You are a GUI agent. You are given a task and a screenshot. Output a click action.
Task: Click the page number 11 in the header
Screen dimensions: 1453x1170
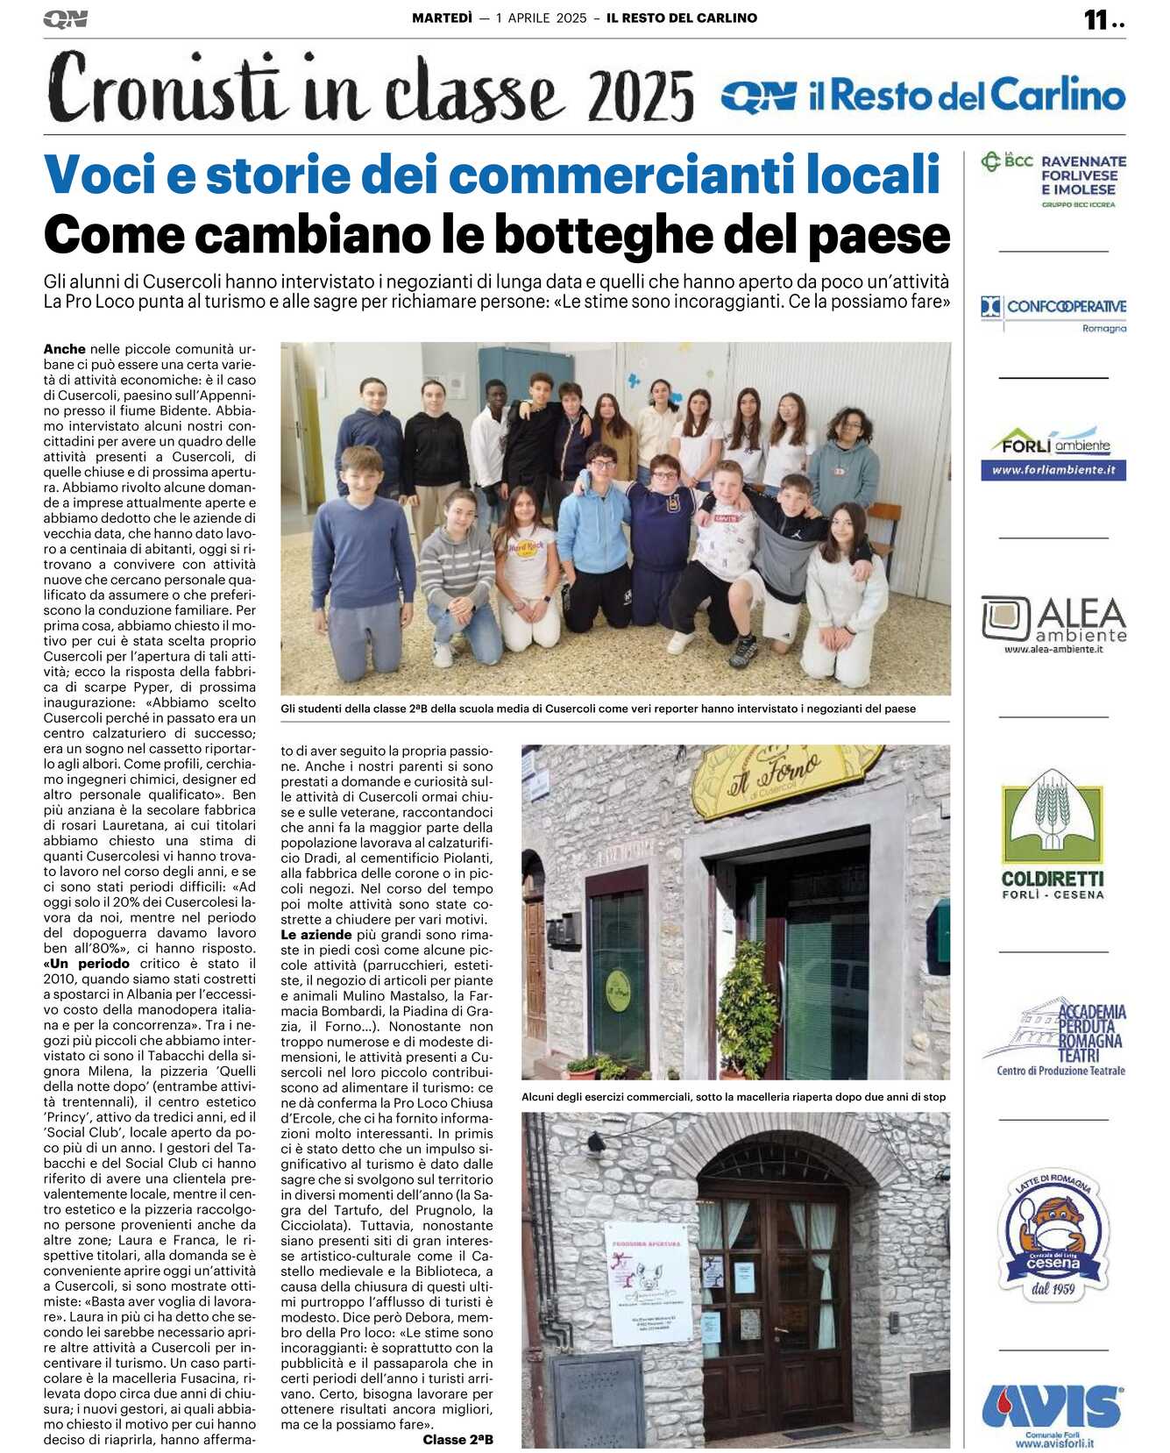1096,19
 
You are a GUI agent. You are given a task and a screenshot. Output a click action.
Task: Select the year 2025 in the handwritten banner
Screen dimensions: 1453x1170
641,96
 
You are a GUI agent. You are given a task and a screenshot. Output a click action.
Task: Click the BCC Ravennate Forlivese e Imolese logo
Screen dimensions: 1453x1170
1053,179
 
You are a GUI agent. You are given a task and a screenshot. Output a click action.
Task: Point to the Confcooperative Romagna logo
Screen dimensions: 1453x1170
1053,313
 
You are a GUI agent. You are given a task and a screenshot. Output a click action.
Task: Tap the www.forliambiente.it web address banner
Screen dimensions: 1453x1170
1053,470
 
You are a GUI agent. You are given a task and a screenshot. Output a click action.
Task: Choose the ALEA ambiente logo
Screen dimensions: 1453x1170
1053,623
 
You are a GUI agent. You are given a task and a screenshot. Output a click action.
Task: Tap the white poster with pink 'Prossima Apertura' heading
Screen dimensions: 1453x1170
648,1281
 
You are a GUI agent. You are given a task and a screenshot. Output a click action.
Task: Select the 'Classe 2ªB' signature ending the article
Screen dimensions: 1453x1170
457,1439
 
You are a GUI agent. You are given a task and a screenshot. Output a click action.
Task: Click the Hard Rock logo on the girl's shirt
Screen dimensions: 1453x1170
527,546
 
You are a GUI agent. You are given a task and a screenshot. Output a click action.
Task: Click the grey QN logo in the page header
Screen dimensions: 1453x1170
65,18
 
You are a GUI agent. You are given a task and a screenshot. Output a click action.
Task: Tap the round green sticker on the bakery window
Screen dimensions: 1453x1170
617,990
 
